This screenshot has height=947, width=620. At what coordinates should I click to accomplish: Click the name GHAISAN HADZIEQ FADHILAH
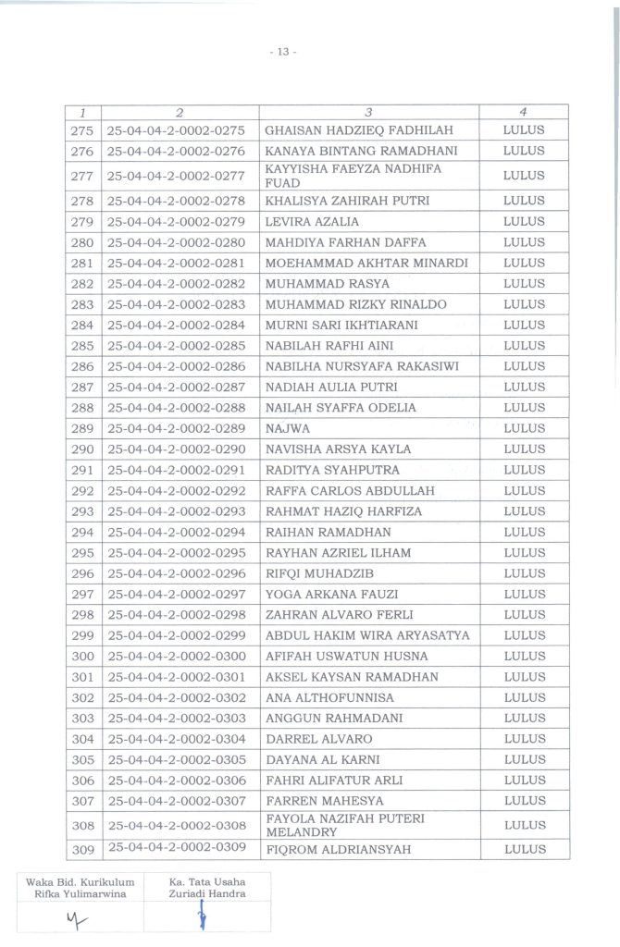347,129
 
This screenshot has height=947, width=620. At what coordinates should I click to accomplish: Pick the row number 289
82,428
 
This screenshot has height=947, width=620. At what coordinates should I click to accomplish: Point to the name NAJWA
283,428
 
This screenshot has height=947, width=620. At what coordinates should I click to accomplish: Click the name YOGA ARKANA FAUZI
325,594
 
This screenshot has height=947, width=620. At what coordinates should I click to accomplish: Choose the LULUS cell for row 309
523,849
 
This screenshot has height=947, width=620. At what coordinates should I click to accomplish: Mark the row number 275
82,129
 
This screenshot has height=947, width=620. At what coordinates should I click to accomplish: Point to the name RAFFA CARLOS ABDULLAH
337,490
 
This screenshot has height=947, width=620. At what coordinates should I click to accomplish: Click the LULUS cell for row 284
523,325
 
